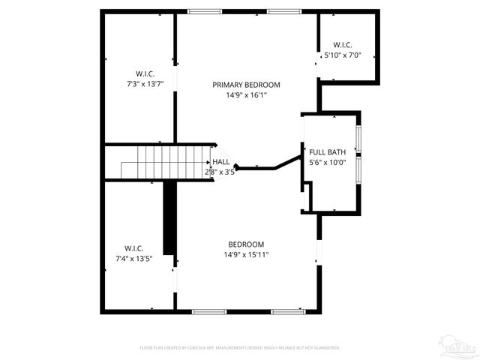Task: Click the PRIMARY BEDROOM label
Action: click(246, 85)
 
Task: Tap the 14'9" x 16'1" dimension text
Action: click(246, 95)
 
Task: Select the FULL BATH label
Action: click(327, 152)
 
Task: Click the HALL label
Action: click(220, 161)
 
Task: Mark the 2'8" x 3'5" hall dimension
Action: click(220, 172)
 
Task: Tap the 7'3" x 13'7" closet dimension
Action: click(145, 83)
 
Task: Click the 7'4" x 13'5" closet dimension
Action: click(134, 259)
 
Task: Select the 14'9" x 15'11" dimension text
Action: click(247, 255)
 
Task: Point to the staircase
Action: click(157, 163)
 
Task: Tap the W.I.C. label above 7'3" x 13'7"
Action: click(145, 73)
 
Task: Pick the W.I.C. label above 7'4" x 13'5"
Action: click(134, 248)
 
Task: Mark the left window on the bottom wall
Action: click(204, 311)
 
